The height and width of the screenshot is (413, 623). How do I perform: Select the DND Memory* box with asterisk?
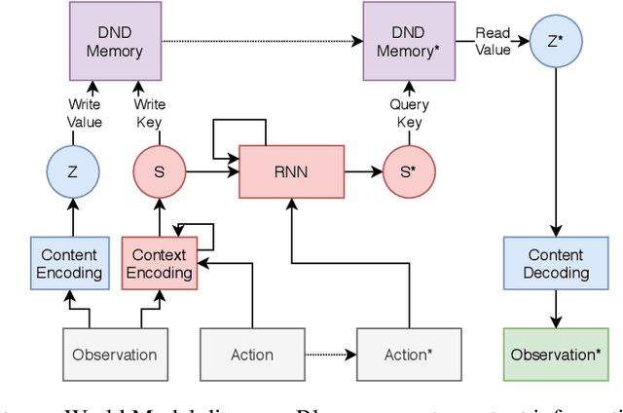click(410, 41)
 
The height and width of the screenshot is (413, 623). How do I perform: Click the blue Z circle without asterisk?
click(74, 172)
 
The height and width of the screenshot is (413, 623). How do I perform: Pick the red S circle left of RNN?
click(159, 172)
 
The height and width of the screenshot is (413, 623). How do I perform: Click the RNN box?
click(291, 172)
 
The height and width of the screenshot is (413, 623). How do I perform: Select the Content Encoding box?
click(69, 263)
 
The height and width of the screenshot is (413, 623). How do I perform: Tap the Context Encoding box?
click(159, 263)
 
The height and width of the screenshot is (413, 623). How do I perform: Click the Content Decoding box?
click(556, 263)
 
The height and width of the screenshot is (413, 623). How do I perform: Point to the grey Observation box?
click(115, 355)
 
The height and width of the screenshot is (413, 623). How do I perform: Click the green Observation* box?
click(556, 355)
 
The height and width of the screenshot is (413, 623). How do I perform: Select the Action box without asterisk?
click(252, 355)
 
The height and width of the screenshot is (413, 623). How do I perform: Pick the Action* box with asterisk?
click(409, 355)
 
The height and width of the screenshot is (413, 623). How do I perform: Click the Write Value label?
click(84, 112)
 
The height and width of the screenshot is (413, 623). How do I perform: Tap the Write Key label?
click(149, 112)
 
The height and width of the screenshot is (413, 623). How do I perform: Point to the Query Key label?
click(410, 112)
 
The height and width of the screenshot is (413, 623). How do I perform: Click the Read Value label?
click(493, 41)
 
